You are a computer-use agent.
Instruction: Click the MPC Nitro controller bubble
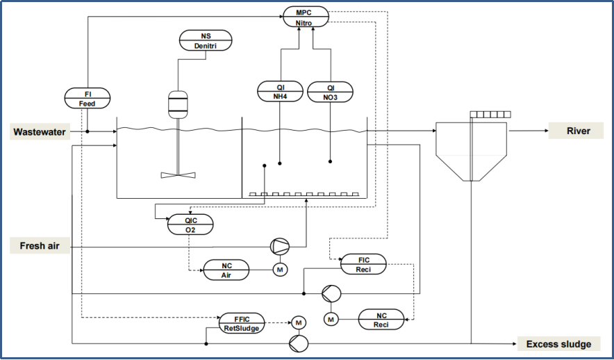click(x=306, y=17)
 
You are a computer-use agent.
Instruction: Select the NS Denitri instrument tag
click(x=206, y=40)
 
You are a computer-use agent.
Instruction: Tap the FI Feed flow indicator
click(x=88, y=98)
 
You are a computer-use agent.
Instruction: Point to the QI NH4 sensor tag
click(x=280, y=91)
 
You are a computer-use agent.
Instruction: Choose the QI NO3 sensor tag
click(x=330, y=92)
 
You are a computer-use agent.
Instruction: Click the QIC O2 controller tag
click(x=190, y=224)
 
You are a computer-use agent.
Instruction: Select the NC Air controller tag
click(x=226, y=270)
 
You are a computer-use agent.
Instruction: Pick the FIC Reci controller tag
click(x=363, y=264)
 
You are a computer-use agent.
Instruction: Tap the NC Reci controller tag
click(x=381, y=319)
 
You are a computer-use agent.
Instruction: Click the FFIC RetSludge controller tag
click(x=242, y=323)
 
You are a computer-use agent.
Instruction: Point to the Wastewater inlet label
click(x=40, y=131)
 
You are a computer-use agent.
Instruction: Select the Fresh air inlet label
click(x=40, y=245)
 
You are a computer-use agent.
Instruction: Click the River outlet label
click(x=576, y=131)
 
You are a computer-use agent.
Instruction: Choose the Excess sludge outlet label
click(x=559, y=344)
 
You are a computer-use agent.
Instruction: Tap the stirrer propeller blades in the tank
click(x=179, y=175)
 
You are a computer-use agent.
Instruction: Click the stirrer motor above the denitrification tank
click(x=178, y=104)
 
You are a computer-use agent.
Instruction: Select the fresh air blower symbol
click(x=280, y=247)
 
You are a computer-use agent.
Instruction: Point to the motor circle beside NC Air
click(x=280, y=270)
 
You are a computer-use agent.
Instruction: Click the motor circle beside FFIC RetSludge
click(x=299, y=322)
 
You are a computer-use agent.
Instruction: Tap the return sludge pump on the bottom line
click(x=299, y=343)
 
